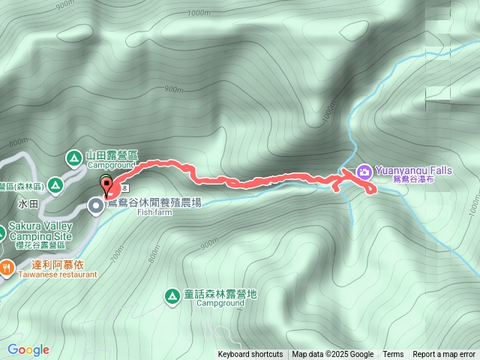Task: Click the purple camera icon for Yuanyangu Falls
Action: (364, 171)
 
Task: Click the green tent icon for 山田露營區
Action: (73, 157)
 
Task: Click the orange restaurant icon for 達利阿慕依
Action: (6, 266)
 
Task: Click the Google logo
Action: (28, 349)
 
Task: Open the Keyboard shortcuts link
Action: (250, 355)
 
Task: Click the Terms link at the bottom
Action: (393, 355)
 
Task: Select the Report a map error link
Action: (444, 355)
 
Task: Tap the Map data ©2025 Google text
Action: (333, 355)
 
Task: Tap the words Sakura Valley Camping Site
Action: (40, 232)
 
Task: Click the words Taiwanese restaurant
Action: (54, 274)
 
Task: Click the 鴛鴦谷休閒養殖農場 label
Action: (154, 202)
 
